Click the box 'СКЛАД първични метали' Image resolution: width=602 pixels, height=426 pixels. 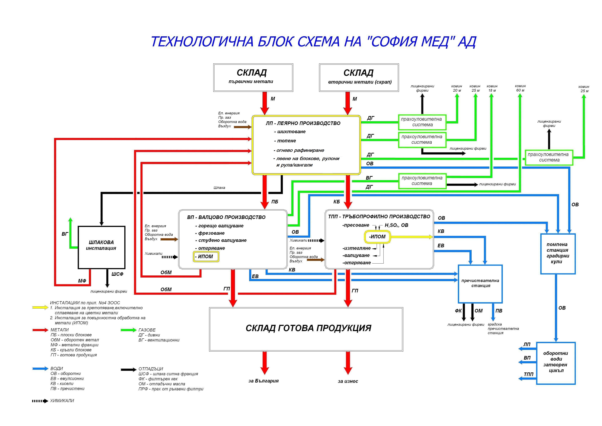click(253, 77)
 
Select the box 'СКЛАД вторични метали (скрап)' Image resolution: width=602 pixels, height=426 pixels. click(359, 77)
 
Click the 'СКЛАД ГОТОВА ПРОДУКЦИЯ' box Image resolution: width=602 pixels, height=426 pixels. click(306, 329)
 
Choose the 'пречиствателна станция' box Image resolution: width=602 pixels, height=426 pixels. click(480, 283)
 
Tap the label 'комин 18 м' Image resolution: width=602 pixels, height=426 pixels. click(492, 88)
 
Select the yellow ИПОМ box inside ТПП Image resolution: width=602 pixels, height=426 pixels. click(377, 237)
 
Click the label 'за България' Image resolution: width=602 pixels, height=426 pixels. click(263, 381)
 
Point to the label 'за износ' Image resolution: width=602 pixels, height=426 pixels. click(348, 381)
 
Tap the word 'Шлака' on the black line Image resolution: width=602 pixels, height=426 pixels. click(219, 188)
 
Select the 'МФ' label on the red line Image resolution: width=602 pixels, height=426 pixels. click(82, 281)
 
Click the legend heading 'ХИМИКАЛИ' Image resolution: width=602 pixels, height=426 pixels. click(62, 401)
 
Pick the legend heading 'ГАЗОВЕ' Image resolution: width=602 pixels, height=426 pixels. click(147, 330)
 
